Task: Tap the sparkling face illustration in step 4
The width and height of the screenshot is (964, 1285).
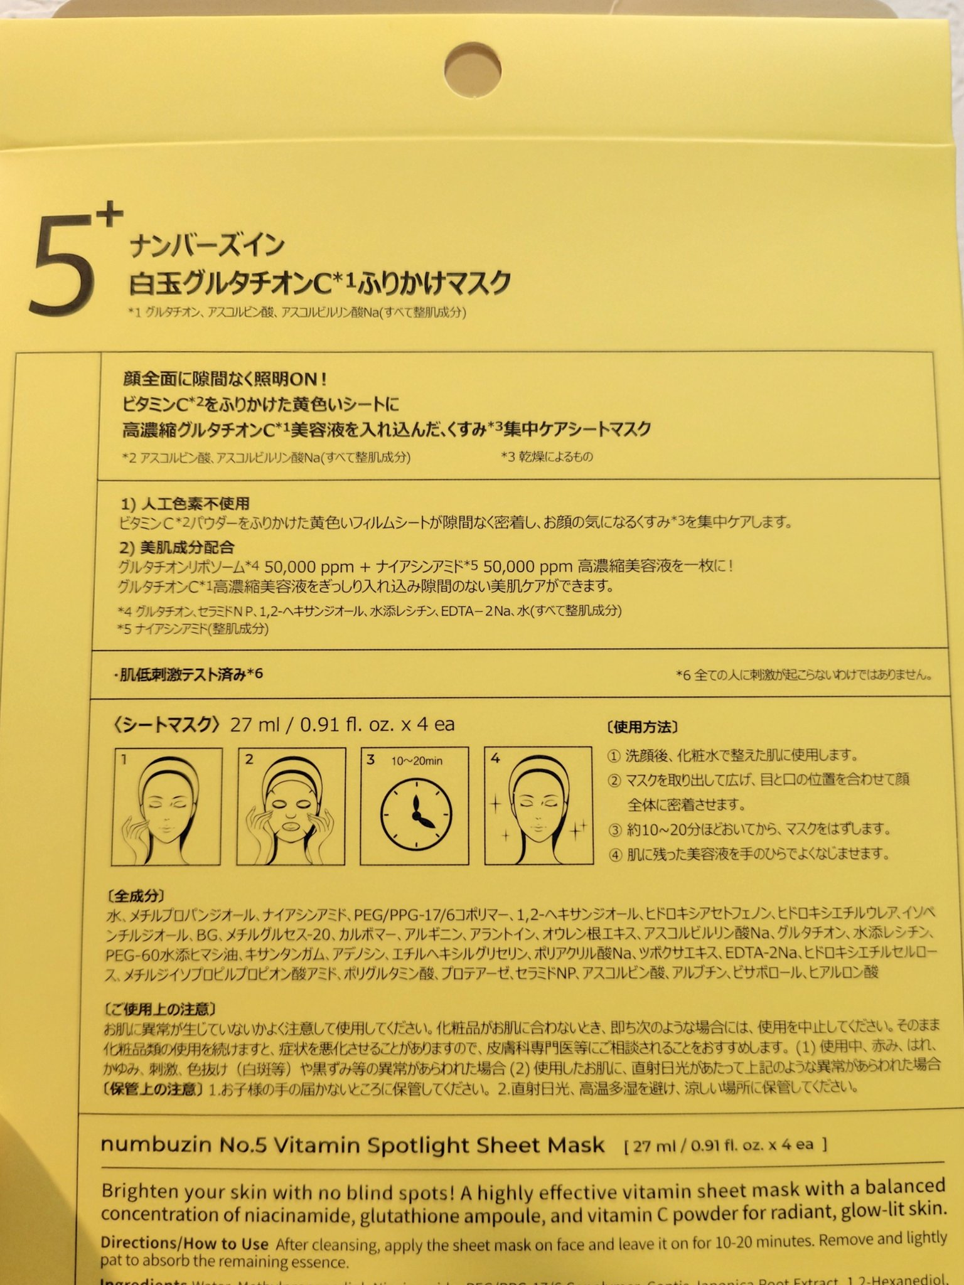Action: point(538,806)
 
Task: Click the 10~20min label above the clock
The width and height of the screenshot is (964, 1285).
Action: point(417,761)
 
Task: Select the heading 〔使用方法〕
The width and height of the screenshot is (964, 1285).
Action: point(642,727)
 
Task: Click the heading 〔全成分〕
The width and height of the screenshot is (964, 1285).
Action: point(136,897)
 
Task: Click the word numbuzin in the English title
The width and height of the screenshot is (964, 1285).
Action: point(154,1144)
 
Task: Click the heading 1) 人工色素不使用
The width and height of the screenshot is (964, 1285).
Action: point(185,503)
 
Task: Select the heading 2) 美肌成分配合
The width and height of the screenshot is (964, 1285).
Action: point(178,547)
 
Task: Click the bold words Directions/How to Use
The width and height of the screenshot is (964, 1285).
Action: point(185,1244)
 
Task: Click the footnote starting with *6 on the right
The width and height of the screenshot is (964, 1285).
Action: point(803,675)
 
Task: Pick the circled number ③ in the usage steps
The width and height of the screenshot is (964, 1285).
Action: point(615,830)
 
